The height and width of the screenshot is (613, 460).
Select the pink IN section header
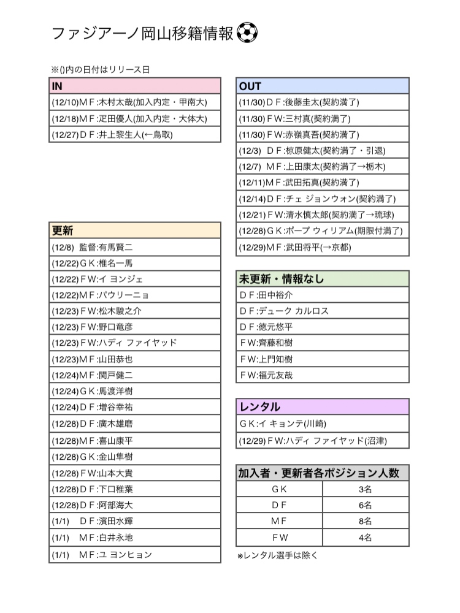pos(134,86)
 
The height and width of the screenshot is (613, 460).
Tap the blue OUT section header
pos(323,86)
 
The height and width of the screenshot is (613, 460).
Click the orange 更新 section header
pos(134,230)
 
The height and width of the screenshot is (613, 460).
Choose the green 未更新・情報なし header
pos(323,279)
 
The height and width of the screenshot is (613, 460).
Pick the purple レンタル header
pos(323,407)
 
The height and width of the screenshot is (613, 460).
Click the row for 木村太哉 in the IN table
pos(134,102)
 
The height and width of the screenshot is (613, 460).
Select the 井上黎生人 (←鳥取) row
pos(134,134)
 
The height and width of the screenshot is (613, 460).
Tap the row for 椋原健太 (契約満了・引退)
pos(323,150)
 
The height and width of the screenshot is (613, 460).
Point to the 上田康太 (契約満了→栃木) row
pos(323,166)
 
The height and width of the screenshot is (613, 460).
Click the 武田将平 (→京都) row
pos(323,247)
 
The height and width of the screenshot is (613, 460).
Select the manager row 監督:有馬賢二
pos(134,247)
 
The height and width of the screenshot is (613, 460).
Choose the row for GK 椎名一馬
pos(134,263)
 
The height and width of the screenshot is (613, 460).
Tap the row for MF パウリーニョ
pos(134,295)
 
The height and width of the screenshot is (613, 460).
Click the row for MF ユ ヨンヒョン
pos(134,554)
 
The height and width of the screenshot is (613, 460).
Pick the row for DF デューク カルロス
pos(323,311)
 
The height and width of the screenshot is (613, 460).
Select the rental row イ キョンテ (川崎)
pos(323,424)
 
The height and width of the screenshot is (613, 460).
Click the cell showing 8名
pos(366,522)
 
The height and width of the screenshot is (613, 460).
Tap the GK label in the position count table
pos(279,489)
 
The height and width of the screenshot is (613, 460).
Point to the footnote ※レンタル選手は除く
pos(278,556)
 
